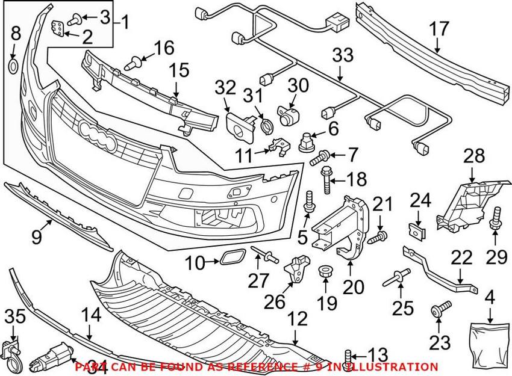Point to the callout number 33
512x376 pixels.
(x=343, y=57)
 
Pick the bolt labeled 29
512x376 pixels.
(x=498, y=218)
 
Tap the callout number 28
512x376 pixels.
(x=473, y=158)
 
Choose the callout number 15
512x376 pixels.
(x=178, y=70)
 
